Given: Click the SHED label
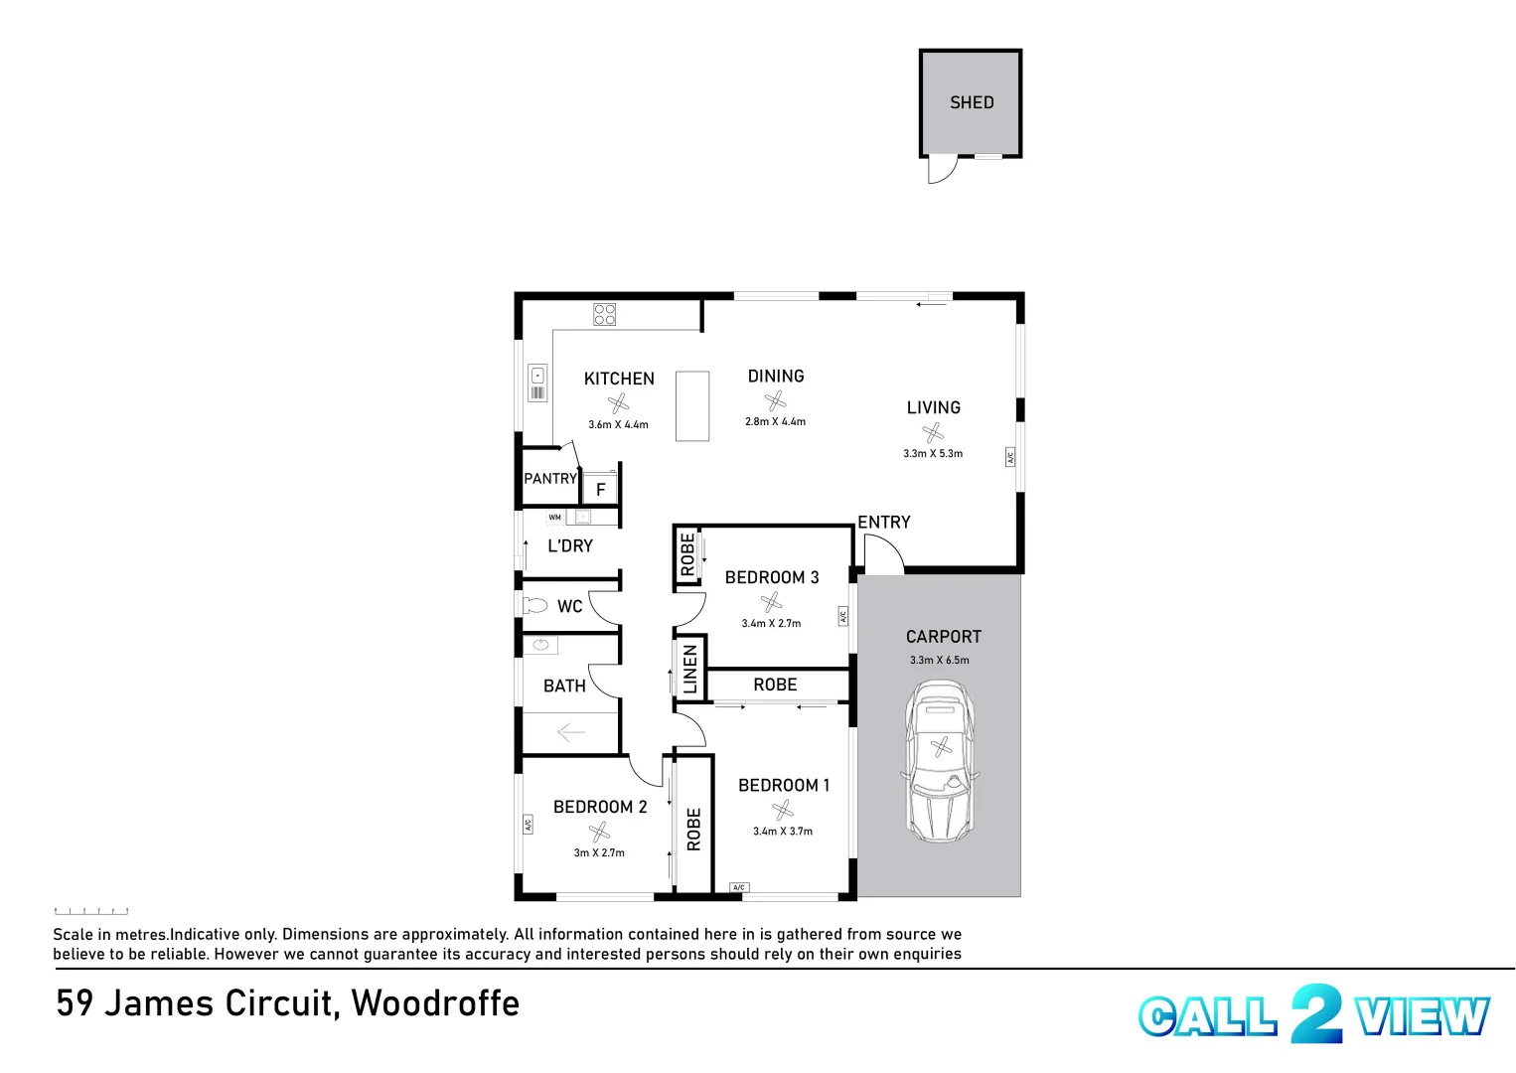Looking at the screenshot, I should (x=971, y=102).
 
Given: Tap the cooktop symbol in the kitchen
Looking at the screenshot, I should (x=604, y=315).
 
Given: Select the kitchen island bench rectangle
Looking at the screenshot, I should (x=692, y=405).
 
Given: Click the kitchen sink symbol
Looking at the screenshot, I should (x=537, y=376).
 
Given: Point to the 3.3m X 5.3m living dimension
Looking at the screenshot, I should (x=932, y=454).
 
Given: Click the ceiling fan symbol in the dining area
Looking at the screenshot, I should (x=775, y=400).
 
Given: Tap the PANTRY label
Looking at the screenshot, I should (x=550, y=479).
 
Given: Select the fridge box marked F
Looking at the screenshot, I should (x=600, y=489).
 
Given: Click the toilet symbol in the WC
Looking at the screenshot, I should (x=535, y=605).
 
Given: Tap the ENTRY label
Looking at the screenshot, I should (x=883, y=523).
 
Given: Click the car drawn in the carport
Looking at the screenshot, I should (x=940, y=761).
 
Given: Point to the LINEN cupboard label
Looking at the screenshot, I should (x=690, y=669).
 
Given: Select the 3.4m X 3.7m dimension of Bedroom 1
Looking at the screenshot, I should (x=782, y=832).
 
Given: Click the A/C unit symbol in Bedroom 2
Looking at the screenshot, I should (x=529, y=825).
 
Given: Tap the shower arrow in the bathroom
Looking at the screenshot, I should (x=570, y=733).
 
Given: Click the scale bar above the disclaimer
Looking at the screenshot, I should (x=91, y=910).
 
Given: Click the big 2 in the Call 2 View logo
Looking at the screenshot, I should (x=1316, y=1013).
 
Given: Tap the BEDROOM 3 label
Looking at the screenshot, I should (x=771, y=577).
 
